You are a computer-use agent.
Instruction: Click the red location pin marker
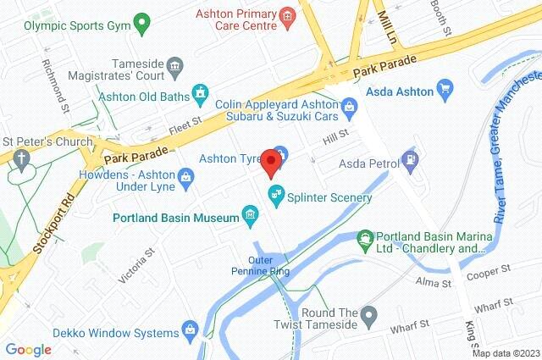tap(271, 162)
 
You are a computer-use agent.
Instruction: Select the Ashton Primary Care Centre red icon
tap(288, 14)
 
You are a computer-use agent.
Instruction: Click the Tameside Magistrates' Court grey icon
tap(174, 65)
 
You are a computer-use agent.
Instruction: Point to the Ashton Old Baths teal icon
tap(200, 91)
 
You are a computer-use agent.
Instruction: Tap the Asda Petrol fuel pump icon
tap(411, 158)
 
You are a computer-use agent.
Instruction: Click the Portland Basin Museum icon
tap(250, 218)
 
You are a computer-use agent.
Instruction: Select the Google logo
tap(28, 349)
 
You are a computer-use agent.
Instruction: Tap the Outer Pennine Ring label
tap(269, 266)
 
